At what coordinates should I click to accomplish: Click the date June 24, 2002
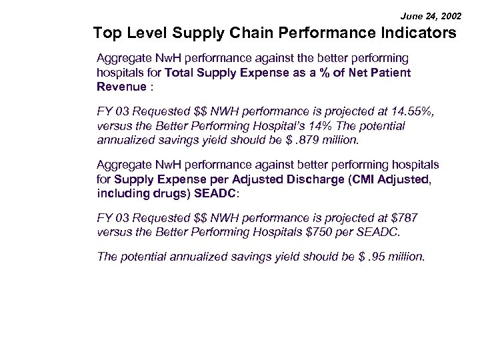pos(429,14)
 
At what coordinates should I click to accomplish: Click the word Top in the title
pos(107,33)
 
